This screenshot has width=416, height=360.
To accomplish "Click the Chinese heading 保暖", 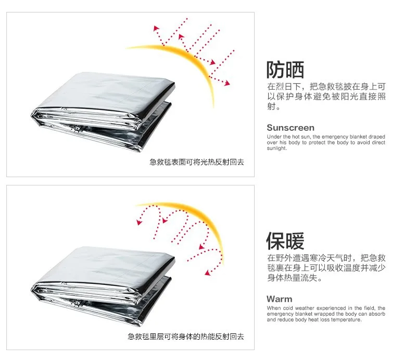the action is pyautogui.click(x=285, y=241).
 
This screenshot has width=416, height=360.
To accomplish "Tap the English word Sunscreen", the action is pyautogui.click(x=291, y=128).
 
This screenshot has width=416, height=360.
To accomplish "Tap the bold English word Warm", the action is pyautogui.click(x=280, y=299).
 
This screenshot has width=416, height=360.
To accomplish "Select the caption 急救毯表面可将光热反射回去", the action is pyautogui.click(x=197, y=163).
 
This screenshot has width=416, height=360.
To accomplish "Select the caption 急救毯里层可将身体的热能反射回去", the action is pyautogui.click(x=186, y=337).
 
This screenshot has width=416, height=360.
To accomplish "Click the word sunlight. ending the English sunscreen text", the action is pyautogui.click(x=277, y=148).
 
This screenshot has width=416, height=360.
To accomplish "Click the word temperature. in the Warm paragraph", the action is pyautogui.click(x=345, y=320).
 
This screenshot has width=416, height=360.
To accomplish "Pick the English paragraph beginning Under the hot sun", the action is pyautogui.click(x=326, y=143).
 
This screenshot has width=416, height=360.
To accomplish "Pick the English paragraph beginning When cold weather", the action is pyautogui.click(x=326, y=314).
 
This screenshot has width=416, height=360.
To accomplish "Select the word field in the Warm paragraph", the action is pyautogui.click(x=369, y=308).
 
